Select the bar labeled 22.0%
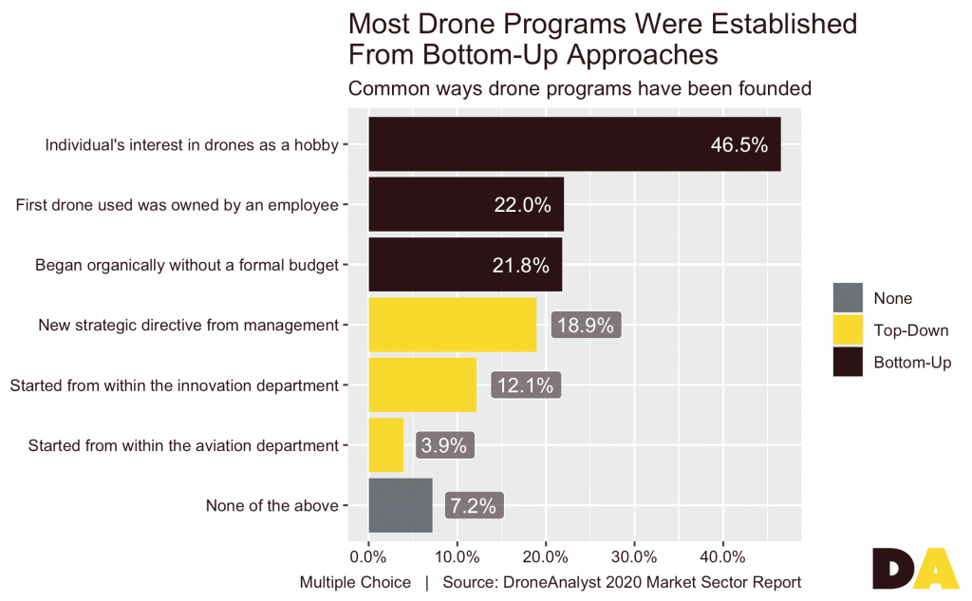coord(465,204)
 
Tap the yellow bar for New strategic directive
coord(452,325)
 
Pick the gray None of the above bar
coord(400,505)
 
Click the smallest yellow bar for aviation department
coord(385,445)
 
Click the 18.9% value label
coord(586,325)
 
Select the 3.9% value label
coord(444,445)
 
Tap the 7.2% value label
coord(473,505)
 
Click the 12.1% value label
coord(526,385)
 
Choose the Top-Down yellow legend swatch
coord(847,330)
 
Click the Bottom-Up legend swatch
coord(847,363)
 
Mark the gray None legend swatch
coord(847,298)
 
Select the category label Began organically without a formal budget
coord(186,265)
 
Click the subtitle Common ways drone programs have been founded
coord(579,89)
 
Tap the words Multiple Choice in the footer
coord(355,582)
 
